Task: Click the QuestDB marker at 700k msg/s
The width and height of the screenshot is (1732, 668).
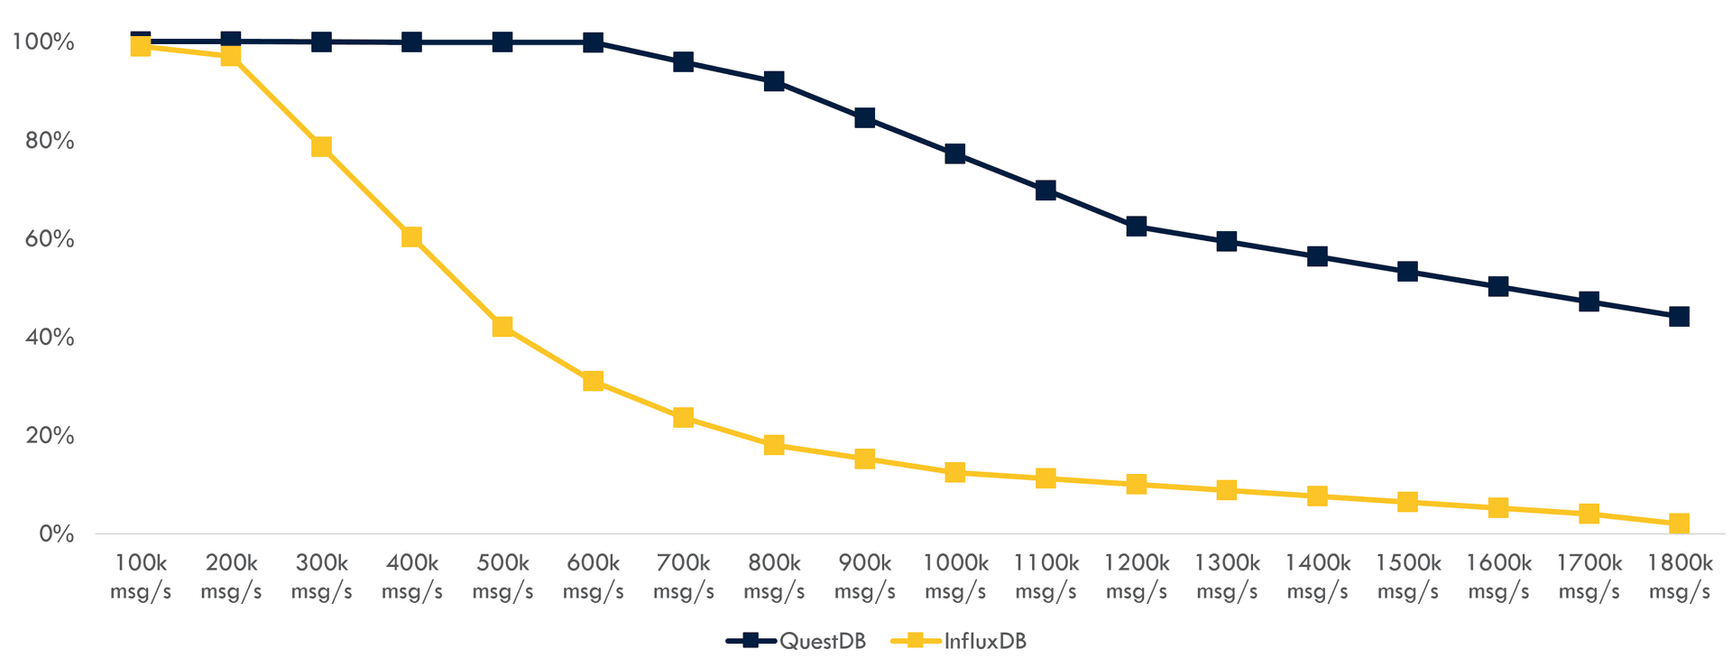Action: click(683, 62)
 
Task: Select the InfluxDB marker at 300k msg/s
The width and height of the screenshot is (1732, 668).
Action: click(321, 147)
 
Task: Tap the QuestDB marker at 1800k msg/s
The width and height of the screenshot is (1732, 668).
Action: click(1679, 317)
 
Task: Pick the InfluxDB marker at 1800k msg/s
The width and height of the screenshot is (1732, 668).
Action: click(1679, 524)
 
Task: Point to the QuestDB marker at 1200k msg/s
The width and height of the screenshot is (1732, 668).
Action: click(1137, 227)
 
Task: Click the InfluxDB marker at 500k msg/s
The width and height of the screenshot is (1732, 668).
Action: click(502, 327)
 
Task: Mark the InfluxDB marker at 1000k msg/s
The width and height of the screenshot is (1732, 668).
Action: click(955, 472)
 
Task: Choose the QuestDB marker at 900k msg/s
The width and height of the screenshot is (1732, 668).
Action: click(864, 118)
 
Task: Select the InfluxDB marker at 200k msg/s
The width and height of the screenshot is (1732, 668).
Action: click(231, 57)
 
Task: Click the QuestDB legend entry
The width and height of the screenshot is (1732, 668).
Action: click(797, 642)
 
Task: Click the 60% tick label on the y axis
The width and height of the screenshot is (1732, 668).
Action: click(44, 239)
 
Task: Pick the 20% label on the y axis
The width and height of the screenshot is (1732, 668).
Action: click(44, 436)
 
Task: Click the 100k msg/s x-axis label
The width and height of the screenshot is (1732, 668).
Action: click(141, 577)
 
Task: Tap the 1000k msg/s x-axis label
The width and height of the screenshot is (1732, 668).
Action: click(955, 577)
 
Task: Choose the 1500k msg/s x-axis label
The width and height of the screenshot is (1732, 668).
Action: click(1408, 577)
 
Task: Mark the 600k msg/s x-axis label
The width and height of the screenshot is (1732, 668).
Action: click(593, 577)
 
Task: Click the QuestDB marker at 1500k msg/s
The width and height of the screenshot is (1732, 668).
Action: click(1408, 272)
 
